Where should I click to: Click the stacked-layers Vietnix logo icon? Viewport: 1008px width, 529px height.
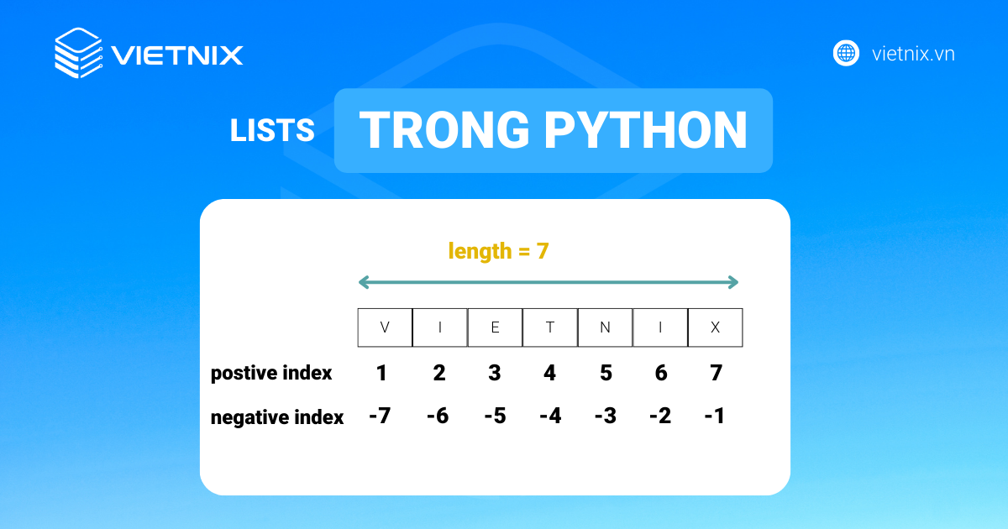pos(78,53)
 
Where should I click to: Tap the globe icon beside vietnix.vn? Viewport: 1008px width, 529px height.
pos(846,53)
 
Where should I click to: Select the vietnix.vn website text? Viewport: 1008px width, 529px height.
pos(913,54)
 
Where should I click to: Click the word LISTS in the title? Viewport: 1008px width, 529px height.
pos(272,130)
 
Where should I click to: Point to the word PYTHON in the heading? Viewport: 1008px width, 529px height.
pos(645,130)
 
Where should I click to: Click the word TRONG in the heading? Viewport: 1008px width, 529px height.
pos(444,130)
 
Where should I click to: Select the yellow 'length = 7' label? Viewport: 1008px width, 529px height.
pos(498,251)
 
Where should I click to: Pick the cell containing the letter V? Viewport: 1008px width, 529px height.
pos(385,327)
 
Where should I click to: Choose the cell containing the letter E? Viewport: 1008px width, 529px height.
pos(495,327)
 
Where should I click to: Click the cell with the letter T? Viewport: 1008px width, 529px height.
pos(550,327)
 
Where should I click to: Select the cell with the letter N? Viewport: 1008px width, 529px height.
pos(606,327)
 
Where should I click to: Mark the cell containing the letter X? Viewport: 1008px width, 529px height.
pos(716,327)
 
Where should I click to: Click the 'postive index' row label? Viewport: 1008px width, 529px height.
pos(270,374)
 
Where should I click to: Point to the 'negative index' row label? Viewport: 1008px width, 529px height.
pos(276,417)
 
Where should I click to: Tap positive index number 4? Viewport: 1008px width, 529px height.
pos(549,373)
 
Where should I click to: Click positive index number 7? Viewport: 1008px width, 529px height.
pos(717,373)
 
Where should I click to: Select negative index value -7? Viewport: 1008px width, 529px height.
pos(380,416)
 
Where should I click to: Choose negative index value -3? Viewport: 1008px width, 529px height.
pos(606,416)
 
